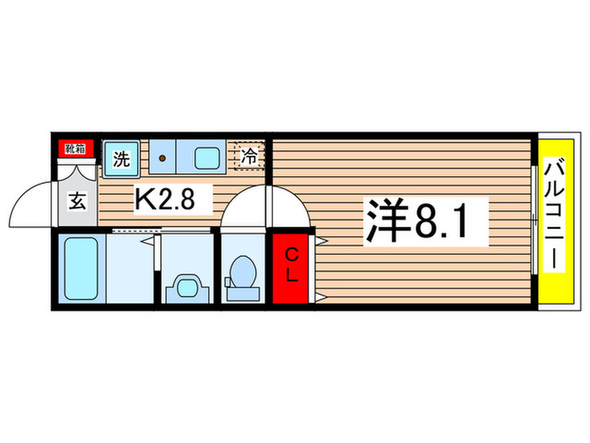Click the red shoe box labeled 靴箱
coord(74,149)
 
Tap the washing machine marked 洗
coord(121,158)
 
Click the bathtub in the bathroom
coord(82,269)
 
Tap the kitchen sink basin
coord(206,156)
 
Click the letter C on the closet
coord(290,253)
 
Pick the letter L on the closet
coord(290,276)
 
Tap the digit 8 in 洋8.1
coord(426,221)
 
